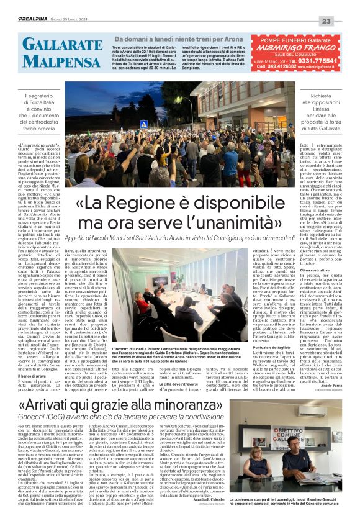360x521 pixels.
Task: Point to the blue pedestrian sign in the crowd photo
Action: pyautogui.click(x=144, y=124)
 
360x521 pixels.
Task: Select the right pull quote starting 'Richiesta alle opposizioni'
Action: pyautogui.click(x=320, y=111)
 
